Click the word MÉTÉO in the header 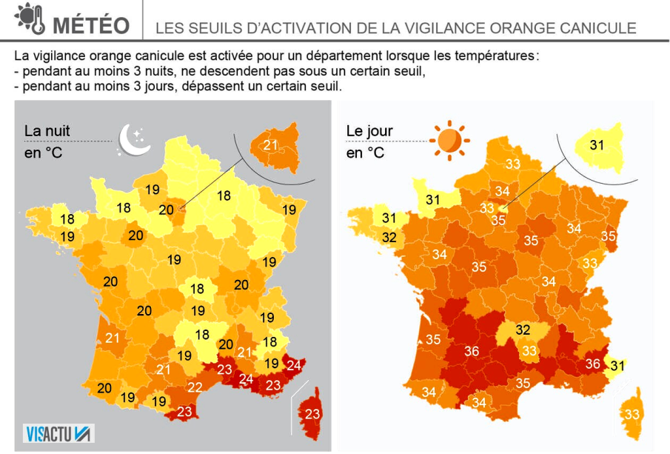[92, 25]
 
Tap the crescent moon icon [133, 139]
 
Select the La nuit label [47, 130]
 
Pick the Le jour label [369, 131]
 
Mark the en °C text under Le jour [365, 153]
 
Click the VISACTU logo [59, 433]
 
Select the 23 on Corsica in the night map [312, 414]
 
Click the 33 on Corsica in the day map [633, 414]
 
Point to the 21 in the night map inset [270, 144]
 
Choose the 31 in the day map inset [597, 144]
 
